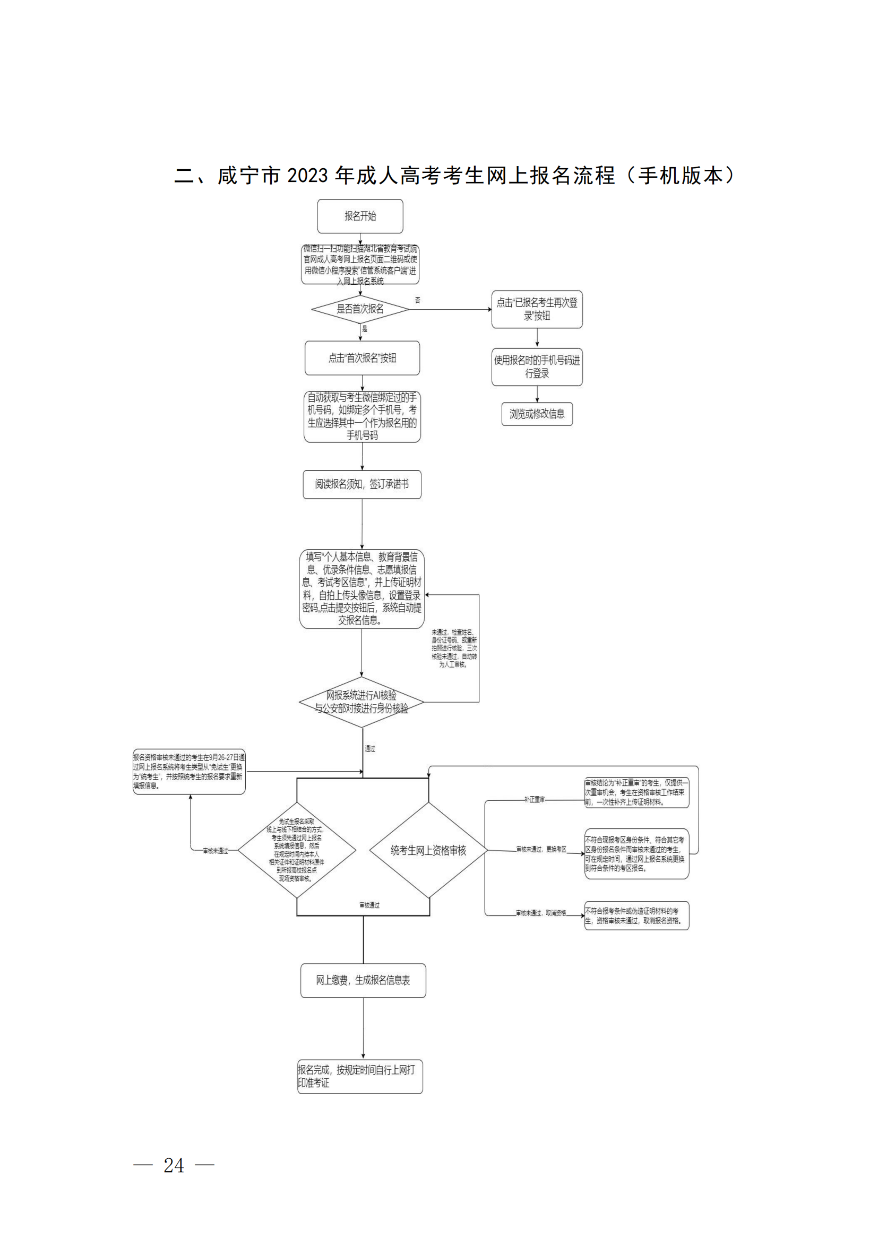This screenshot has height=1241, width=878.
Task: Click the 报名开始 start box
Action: [x=360, y=216]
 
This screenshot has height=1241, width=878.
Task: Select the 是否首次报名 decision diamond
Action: [x=360, y=309]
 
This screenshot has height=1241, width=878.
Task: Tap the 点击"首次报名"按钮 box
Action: [x=362, y=358]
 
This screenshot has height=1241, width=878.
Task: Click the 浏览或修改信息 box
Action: [x=537, y=414]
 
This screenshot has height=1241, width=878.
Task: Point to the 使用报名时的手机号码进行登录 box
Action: [x=537, y=367]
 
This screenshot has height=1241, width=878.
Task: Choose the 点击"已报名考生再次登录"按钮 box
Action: [x=537, y=309]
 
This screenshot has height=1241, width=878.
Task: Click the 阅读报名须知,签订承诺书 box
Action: [x=361, y=484]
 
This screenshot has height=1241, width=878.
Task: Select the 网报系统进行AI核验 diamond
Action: [x=361, y=702]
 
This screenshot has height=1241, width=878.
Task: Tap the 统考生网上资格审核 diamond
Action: [x=428, y=851]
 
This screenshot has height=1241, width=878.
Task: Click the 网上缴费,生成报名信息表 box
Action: [x=363, y=980]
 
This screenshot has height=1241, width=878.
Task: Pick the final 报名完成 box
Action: [x=360, y=1076]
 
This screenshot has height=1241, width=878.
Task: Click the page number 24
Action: [x=174, y=1166]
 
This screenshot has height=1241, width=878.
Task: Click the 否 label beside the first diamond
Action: [x=417, y=300]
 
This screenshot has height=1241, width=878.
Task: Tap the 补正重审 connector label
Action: [x=534, y=800]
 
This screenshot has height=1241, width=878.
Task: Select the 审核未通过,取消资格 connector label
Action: [x=540, y=913]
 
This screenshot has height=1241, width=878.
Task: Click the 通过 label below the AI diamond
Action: [x=370, y=749]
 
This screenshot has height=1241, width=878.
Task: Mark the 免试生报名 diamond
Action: [x=297, y=850]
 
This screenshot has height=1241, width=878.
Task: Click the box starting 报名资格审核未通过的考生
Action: [x=189, y=771]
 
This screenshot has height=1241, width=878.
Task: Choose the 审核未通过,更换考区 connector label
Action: [x=541, y=849]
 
